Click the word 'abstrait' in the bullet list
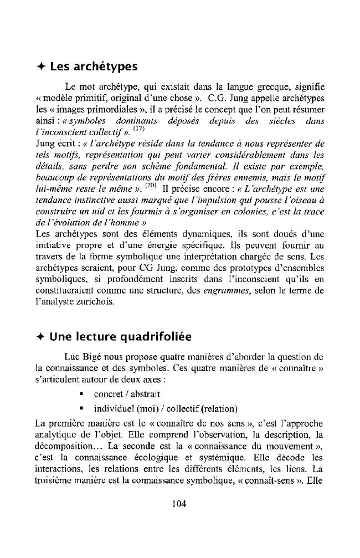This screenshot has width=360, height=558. (145, 394)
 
